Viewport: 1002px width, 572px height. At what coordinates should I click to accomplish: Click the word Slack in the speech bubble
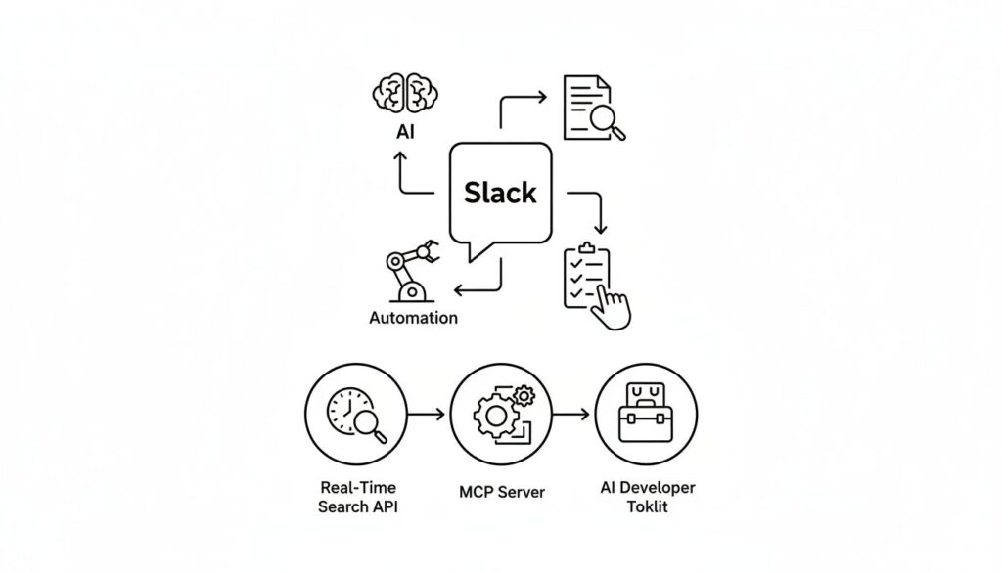tap(500, 192)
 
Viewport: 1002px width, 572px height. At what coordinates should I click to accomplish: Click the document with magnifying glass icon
tap(590, 109)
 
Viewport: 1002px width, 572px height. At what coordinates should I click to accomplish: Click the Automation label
tap(413, 318)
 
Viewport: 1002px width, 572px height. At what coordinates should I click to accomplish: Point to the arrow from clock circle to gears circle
tap(426, 414)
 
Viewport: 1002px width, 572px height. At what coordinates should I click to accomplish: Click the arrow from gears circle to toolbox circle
tap(571, 414)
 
